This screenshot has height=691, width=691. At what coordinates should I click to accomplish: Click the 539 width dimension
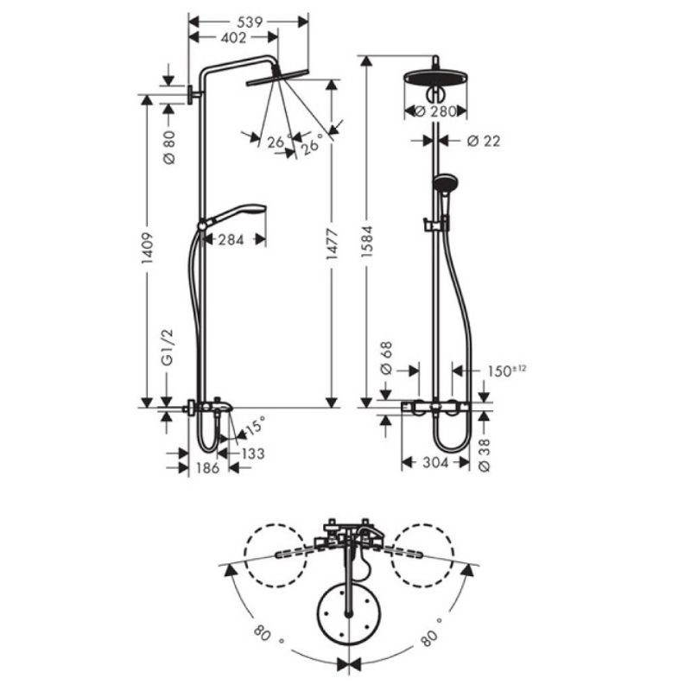pos(250,22)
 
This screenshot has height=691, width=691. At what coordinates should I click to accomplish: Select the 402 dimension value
pos(233,38)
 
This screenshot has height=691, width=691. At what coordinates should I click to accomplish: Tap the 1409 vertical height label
pos(146,249)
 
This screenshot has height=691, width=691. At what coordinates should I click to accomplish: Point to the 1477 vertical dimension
pos(332,244)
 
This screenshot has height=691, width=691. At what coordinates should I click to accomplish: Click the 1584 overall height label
pos(366,241)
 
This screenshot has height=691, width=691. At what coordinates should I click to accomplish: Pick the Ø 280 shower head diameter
pos(435,111)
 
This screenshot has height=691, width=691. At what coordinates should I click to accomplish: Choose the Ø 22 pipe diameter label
pos(484,141)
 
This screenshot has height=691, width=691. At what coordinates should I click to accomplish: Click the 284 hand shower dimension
pos(231,240)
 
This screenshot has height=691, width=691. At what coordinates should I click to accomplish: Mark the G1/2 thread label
pos(168,348)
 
